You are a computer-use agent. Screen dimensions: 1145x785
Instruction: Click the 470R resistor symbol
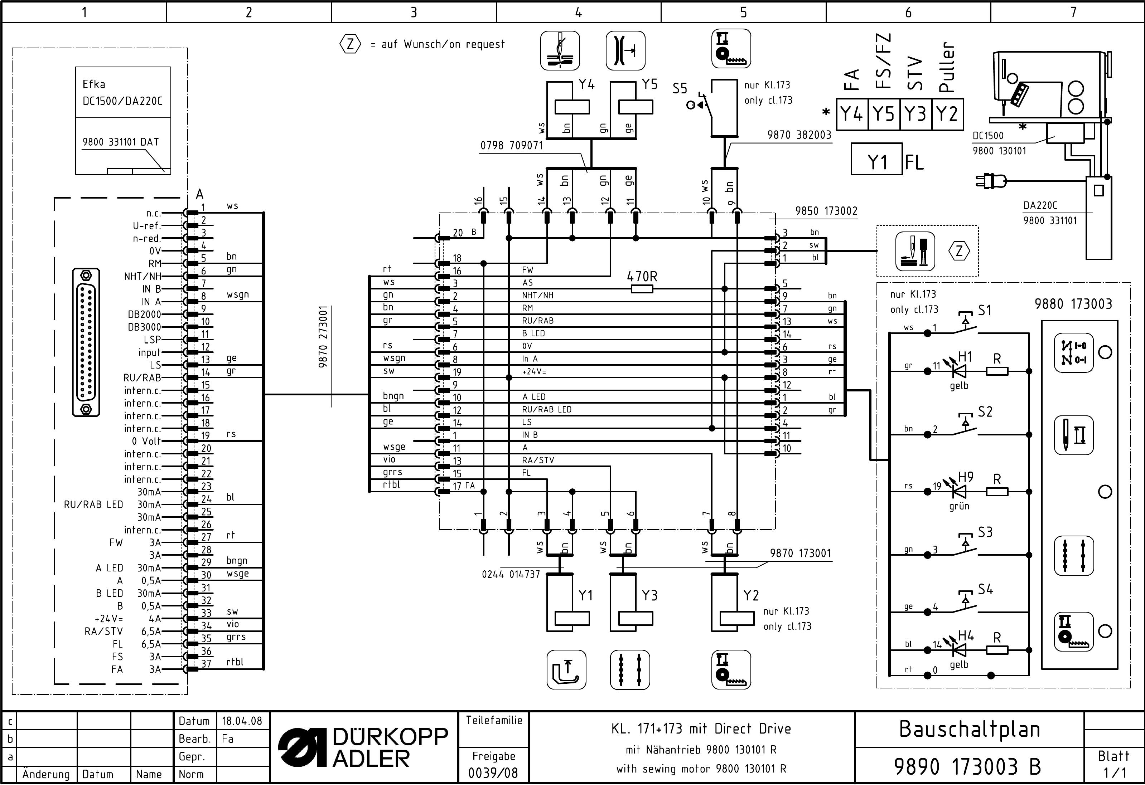click(x=642, y=289)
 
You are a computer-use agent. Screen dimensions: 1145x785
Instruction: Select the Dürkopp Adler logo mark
click(x=302, y=747)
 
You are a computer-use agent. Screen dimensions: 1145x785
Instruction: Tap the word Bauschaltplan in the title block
click(x=969, y=729)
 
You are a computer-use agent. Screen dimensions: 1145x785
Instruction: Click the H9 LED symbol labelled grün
click(x=959, y=492)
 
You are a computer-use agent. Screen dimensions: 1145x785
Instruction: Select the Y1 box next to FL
click(x=876, y=159)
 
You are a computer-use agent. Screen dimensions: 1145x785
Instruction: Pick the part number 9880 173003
click(x=1073, y=304)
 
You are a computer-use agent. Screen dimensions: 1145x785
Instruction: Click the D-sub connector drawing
click(x=86, y=342)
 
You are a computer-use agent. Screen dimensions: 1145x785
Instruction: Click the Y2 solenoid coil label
click(x=751, y=595)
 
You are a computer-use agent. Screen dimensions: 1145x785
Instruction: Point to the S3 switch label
click(x=985, y=532)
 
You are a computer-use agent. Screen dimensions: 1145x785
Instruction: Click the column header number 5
click(x=743, y=12)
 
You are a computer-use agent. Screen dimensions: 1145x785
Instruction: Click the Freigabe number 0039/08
click(x=493, y=773)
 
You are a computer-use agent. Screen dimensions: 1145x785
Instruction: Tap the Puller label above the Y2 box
click(x=947, y=67)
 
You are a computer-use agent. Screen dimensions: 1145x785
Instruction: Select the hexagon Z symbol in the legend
click(x=350, y=44)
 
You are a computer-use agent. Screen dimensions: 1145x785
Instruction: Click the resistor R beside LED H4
click(x=997, y=650)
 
